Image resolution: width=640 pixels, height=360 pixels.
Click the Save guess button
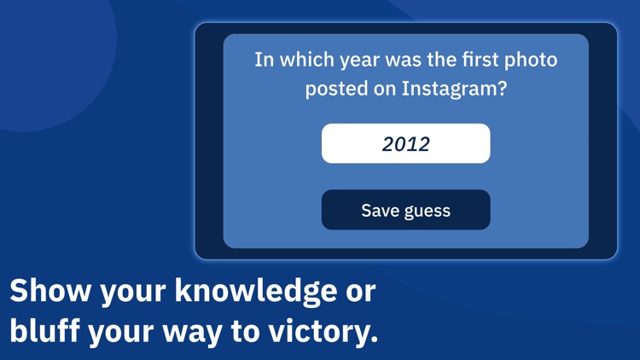(x=405, y=210)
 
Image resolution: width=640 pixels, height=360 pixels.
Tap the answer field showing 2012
(x=405, y=143)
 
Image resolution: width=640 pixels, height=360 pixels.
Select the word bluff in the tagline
(x=42, y=331)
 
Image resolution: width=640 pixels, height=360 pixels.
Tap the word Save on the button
(x=378, y=211)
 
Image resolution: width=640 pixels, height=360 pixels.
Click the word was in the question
(x=405, y=61)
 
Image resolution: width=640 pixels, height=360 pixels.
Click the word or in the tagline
(x=359, y=292)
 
